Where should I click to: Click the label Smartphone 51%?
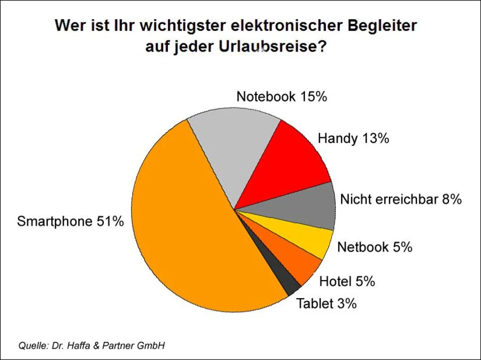coord(70,221)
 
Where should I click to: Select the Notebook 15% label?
coord(282,97)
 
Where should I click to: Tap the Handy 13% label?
coord(353,139)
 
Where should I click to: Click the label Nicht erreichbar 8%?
coord(401,199)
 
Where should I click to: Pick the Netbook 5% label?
coord(375,247)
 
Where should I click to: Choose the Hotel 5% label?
coord(347,281)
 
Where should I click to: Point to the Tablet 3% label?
coord(326,303)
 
